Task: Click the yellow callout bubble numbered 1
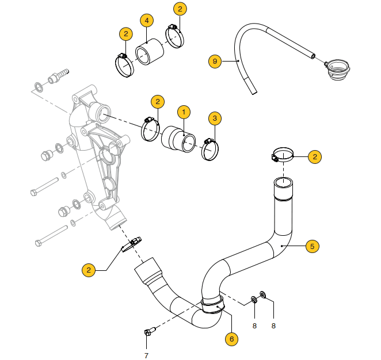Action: [x=184, y=111]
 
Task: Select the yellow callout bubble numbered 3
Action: [x=215, y=119]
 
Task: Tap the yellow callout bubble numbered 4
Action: [x=147, y=21]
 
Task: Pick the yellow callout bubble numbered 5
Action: [x=312, y=246]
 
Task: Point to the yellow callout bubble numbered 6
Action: [x=231, y=339]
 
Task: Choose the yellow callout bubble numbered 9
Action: [x=215, y=60]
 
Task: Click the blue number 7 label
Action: [x=146, y=355]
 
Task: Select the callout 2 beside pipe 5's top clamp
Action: [x=315, y=156]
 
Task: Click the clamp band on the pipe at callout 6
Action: [x=214, y=304]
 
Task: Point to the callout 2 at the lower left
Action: [x=89, y=270]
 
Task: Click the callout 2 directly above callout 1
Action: [x=158, y=102]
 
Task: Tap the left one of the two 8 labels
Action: [x=255, y=325]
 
